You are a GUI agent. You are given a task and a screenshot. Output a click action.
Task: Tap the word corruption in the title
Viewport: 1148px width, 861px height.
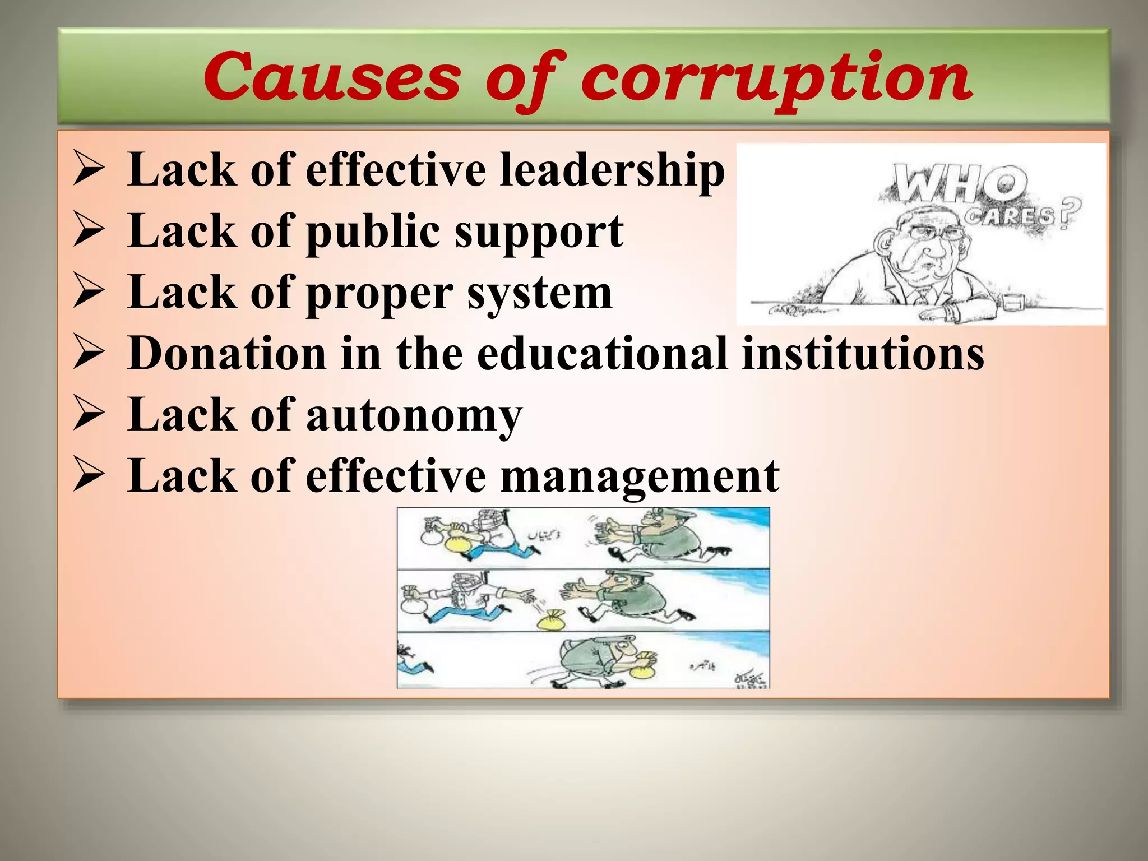pos(776,78)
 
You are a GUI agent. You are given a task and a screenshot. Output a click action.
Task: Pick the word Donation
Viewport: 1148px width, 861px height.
pos(227,354)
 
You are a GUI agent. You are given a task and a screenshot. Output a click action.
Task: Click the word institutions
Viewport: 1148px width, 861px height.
pos(863,354)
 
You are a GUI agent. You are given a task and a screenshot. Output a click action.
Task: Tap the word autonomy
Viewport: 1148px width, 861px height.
pos(414,415)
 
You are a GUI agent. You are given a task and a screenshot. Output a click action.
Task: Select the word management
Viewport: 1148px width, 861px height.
pos(639,477)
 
